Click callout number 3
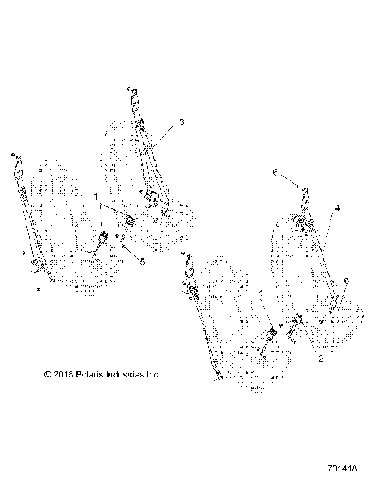pos(181,123)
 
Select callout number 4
pos(337,208)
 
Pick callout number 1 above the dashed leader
pos(96,198)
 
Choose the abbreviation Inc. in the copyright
pos(153,374)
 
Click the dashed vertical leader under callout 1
pos(100,215)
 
